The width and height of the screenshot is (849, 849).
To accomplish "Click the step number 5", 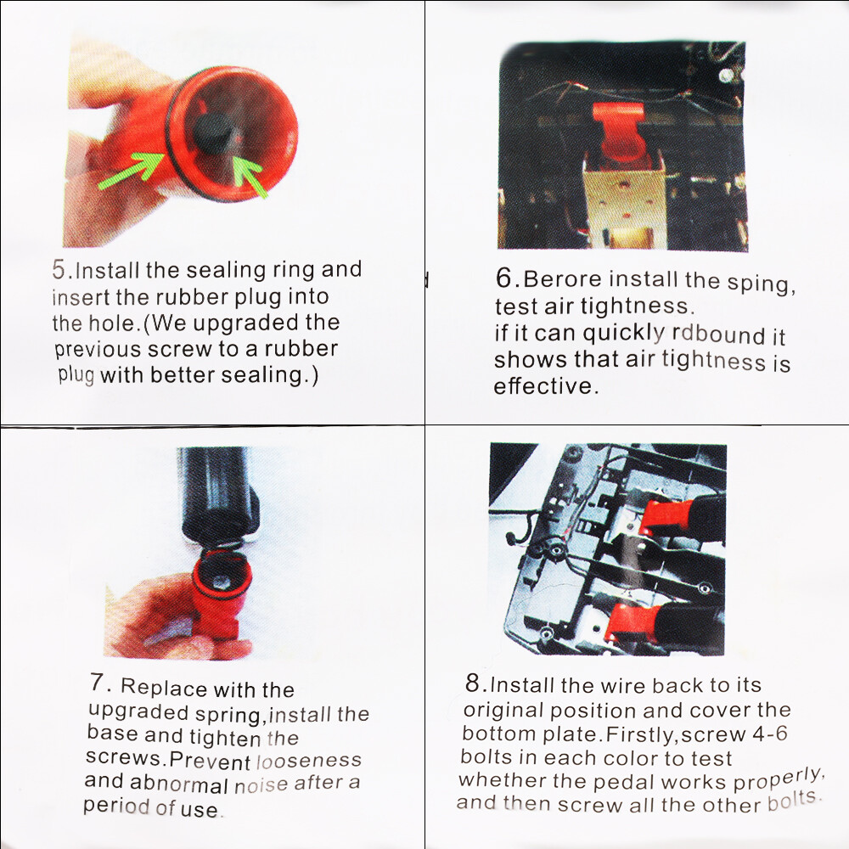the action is click(59, 270).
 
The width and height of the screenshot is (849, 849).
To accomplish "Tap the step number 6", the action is click(503, 278).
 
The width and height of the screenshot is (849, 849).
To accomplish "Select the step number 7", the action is click(97, 683).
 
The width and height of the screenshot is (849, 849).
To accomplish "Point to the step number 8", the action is click(473, 683).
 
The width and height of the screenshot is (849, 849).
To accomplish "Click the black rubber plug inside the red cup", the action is click(212, 134).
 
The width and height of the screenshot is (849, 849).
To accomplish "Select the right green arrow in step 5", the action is click(250, 175).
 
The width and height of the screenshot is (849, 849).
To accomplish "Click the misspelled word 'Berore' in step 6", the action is click(563, 278).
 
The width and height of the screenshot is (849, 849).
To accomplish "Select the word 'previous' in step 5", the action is click(98, 351).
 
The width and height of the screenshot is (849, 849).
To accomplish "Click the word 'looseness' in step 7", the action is click(309, 761).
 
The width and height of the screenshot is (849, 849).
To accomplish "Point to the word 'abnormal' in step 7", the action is click(179, 784).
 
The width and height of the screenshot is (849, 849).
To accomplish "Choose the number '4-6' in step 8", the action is click(770, 734).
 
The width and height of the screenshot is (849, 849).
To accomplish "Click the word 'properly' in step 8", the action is click(779, 780).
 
